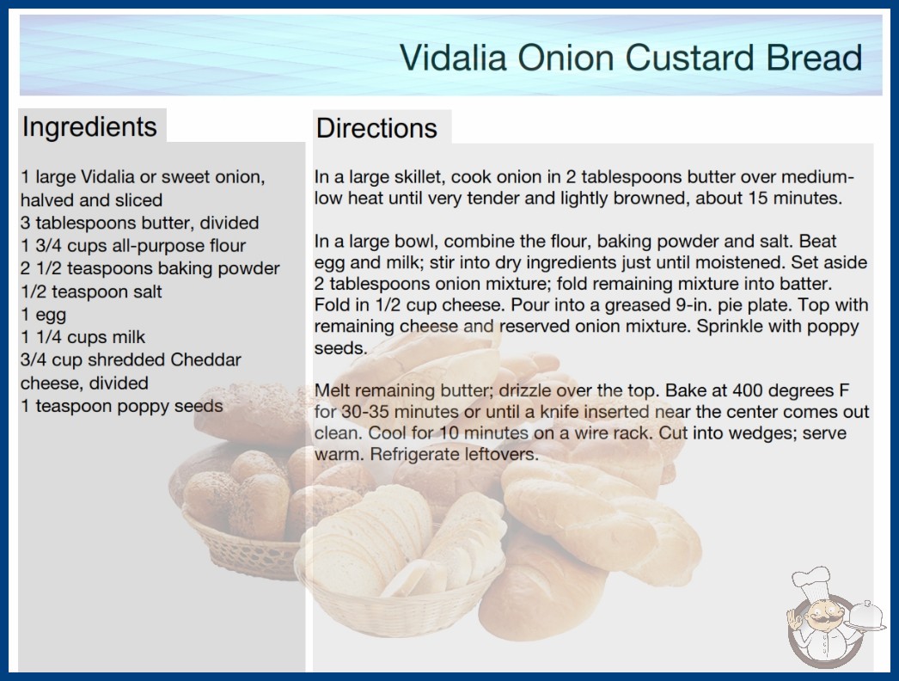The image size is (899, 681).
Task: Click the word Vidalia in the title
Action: click(x=453, y=58)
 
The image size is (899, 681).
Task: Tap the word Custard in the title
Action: click(x=690, y=58)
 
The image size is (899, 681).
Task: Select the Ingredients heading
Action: click(x=89, y=126)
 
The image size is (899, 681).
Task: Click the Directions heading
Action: click(x=376, y=128)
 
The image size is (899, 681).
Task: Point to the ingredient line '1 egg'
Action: click(x=44, y=315)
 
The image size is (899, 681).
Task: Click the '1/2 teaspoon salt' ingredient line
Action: click(x=91, y=291)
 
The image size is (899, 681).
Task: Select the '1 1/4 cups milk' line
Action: click(x=83, y=337)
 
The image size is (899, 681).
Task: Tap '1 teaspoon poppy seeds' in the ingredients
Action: click(x=121, y=406)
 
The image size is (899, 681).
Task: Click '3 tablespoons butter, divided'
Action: click(x=140, y=223)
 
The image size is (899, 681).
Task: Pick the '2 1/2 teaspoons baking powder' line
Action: click(x=150, y=268)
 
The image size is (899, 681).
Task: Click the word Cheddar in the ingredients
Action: click(x=205, y=359)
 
